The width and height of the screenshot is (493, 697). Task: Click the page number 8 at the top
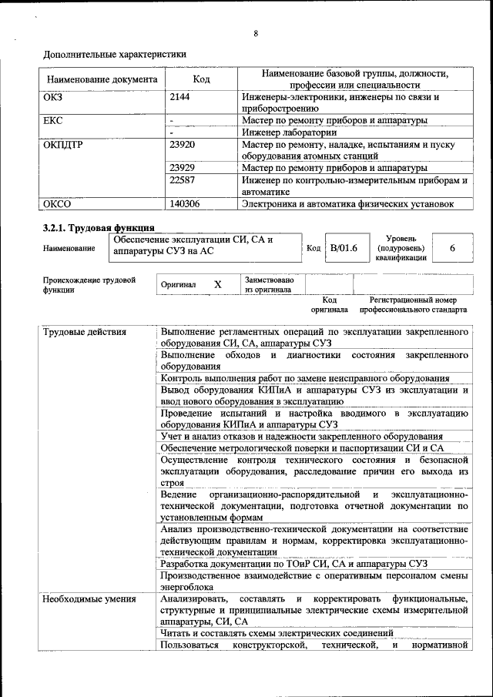(x=255, y=33)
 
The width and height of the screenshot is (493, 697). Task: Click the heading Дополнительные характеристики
(x=114, y=55)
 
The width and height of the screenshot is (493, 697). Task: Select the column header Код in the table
(x=201, y=79)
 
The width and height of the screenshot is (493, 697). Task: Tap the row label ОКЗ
(x=54, y=98)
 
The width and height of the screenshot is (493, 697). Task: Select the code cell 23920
(x=182, y=145)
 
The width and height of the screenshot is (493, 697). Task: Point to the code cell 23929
(x=182, y=168)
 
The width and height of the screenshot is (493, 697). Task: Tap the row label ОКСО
(x=56, y=204)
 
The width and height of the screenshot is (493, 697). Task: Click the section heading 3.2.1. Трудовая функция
(x=98, y=227)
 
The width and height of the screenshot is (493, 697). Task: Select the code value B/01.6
(x=344, y=248)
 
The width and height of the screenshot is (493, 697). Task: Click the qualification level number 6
(x=452, y=248)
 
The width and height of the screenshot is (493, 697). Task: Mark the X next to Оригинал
(x=217, y=284)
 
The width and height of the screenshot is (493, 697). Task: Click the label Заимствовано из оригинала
(x=269, y=285)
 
